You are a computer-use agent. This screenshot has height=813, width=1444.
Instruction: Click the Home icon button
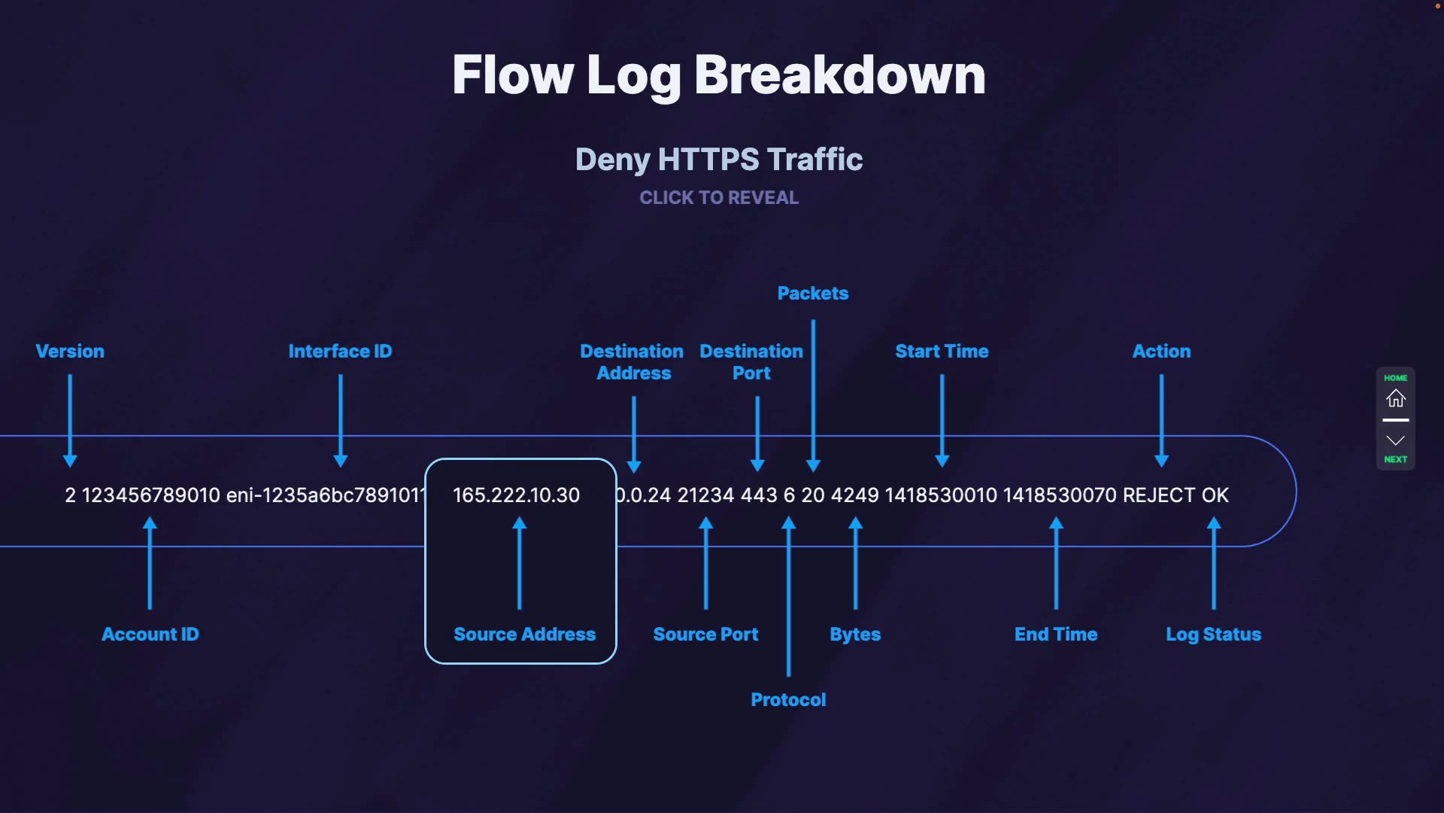coord(1395,397)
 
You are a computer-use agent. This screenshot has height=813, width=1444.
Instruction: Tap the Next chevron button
coord(1395,441)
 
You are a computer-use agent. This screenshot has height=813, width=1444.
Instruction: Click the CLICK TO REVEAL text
coord(719,198)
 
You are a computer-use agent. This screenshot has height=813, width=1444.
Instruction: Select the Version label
coord(70,352)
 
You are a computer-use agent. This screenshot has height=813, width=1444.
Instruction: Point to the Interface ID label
coord(340,352)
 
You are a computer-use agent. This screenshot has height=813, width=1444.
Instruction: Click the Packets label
coord(812,294)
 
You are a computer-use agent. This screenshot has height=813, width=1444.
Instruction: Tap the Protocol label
coord(788,700)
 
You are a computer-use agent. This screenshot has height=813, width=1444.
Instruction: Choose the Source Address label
coord(524,635)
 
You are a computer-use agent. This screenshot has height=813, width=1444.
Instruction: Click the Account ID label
coord(150,635)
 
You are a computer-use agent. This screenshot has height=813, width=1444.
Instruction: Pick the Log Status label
coord(1213,635)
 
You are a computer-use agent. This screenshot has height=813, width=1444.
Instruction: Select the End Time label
coord(1056,635)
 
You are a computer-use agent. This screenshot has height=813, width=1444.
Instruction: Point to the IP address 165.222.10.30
coord(516,495)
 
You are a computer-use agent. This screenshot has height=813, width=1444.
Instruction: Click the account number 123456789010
coord(150,495)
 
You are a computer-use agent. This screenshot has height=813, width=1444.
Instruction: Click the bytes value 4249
coord(854,495)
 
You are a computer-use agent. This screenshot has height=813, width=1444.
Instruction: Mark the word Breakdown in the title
coord(839,75)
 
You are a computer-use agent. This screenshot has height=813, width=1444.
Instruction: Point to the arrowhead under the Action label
coord(1161,461)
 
